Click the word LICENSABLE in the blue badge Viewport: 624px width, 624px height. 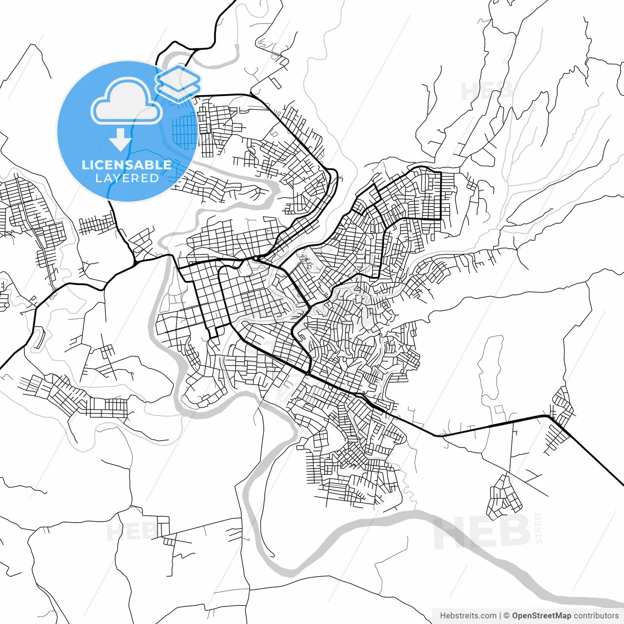pos(127,165)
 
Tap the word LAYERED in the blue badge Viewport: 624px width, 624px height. pos(127,178)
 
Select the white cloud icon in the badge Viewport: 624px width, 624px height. pos(127,103)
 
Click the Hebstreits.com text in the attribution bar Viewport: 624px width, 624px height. pos(468,616)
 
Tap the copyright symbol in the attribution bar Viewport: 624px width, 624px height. pos(507,616)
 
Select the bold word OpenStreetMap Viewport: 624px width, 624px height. pos(541,616)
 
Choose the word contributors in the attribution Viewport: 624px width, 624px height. pos(596,616)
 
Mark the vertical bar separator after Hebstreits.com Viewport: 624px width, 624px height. pos(500,616)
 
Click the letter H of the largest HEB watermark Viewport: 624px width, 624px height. pos(451,532)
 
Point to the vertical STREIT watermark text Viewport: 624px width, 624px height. pos(538,527)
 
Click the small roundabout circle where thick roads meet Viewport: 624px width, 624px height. pos(255,258)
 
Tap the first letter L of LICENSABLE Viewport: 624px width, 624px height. pos(85,165)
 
